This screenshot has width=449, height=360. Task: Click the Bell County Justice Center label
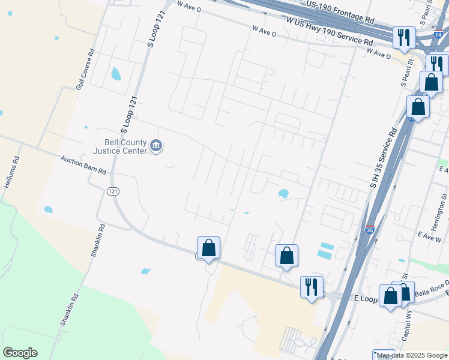[x=125, y=146]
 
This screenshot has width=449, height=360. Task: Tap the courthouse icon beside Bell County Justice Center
[x=156, y=146]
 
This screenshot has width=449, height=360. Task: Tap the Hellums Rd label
[x=11, y=173]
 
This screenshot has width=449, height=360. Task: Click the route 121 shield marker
[x=112, y=191]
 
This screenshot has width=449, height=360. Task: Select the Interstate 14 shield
[x=439, y=35]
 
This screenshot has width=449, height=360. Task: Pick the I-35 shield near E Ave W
[x=370, y=229]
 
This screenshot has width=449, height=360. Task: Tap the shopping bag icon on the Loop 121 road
[x=208, y=248]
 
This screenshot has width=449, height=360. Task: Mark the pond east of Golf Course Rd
[x=116, y=74]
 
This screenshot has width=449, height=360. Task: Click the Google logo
[x=20, y=353]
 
